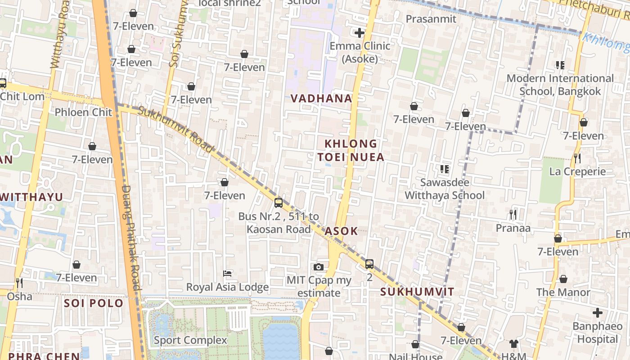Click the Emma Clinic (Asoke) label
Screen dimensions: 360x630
tap(360, 52)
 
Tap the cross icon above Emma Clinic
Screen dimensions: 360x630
tap(360, 33)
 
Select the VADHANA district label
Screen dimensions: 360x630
tap(321, 99)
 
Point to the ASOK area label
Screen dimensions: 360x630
tap(341, 231)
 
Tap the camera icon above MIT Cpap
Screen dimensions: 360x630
tap(319, 267)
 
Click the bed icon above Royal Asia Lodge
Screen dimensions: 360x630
tap(227, 274)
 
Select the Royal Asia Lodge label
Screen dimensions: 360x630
tap(227, 287)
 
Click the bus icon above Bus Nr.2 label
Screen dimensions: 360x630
tap(279, 202)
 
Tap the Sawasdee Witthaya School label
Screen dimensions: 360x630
tap(445, 189)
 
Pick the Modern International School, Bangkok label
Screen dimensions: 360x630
tap(560, 85)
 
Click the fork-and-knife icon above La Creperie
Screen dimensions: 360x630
tap(577, 158)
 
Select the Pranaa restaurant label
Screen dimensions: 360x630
tap(513, 228)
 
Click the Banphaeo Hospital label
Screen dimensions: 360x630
tap(598, 333)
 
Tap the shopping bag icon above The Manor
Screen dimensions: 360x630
tap(563, 279)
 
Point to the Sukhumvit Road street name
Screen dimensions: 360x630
tap(175, 129)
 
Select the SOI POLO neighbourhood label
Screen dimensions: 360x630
tap(94, 303)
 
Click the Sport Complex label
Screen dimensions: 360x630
tap(190, 340)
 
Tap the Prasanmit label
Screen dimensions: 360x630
tap(431, 19)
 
